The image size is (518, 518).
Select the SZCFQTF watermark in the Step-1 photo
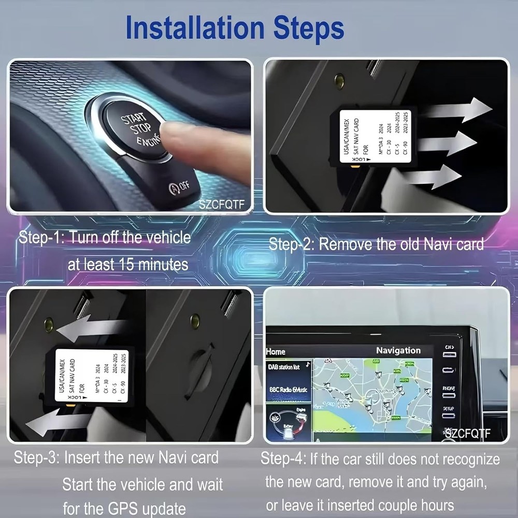[221, 205]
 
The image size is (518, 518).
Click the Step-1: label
[41, 238]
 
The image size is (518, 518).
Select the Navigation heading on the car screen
[398, 351]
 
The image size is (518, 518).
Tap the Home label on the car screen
[276, 352]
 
